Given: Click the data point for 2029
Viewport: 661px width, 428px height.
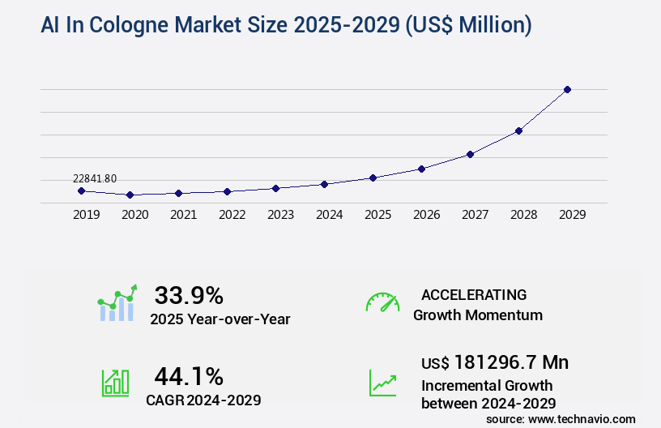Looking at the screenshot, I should (x=567, y=89).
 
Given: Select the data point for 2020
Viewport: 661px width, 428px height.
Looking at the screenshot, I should (x=130, y=195).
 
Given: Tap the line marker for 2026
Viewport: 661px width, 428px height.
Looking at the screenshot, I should (x=421, y=169).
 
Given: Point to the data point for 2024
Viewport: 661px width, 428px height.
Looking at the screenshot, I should (x=324, y=184).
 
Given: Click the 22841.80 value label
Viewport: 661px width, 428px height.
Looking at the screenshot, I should (x=94, y=178).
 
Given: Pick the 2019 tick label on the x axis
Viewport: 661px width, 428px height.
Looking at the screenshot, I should (x=86, y=215).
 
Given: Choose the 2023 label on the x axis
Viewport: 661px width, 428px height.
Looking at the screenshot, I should (x=280, y=215).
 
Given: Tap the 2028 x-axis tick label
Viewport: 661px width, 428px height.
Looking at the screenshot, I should (x=523, y=215).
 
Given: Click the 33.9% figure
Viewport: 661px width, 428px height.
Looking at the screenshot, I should (x=189, y=295).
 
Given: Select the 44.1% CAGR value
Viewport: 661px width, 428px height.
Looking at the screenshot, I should (x=189, y=376).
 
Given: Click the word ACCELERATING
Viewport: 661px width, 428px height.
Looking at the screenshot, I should (x=474, y=294).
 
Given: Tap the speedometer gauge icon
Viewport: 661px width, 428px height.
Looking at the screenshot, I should (x=382, y=302).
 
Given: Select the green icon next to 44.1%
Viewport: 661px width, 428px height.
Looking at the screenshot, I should (x=116, y=383).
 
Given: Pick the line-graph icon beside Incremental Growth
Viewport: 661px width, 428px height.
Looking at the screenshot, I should (x=382, y=383).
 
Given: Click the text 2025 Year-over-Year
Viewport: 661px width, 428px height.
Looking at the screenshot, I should (x=220, y=319).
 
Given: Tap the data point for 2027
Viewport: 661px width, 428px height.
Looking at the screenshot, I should (x=470, y=154).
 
